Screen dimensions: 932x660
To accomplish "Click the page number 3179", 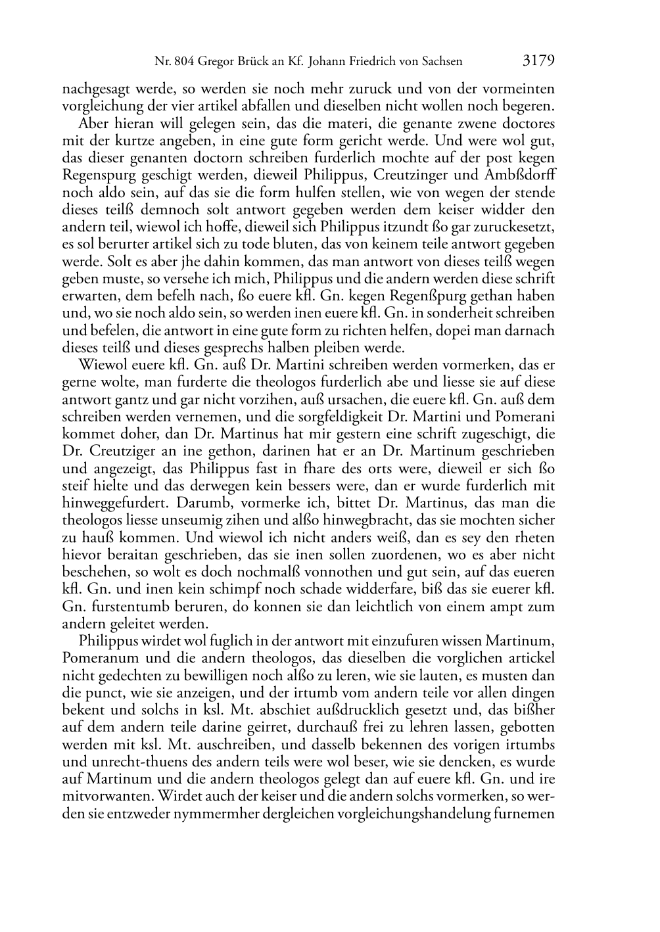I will (x=538, y=61).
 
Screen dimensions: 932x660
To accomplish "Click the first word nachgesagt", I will (x=93, y=89).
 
